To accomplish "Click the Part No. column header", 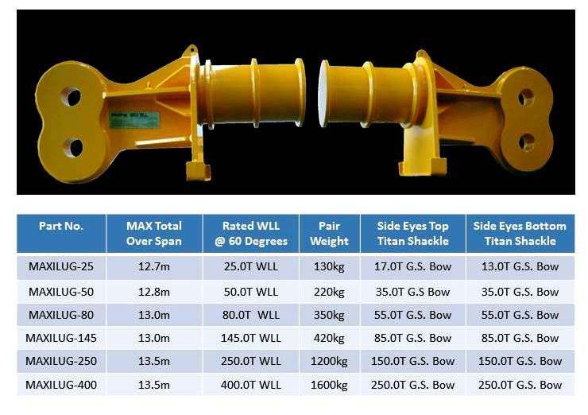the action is tap(60, 227).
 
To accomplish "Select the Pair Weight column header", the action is tap(329, 234).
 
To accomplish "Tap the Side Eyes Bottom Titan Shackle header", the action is tap(520, 234).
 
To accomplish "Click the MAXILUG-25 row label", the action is tap(61, 267).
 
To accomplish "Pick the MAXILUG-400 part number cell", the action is tap(61, 385).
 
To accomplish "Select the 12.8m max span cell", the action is tap(153, 292).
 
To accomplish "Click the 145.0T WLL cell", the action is tap(250, 338).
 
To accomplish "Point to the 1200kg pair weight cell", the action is tap(329, 362).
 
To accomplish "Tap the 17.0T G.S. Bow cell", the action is tap(412, 267).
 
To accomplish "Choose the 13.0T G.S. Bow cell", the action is tap(520, 267).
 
